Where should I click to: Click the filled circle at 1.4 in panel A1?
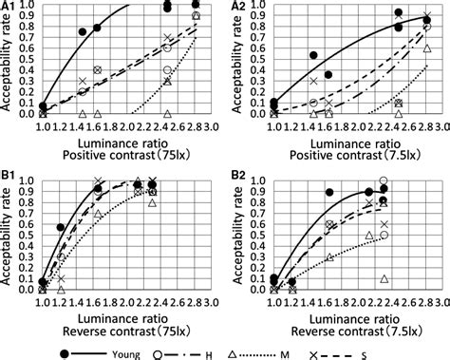82,31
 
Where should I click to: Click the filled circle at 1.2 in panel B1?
61,228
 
